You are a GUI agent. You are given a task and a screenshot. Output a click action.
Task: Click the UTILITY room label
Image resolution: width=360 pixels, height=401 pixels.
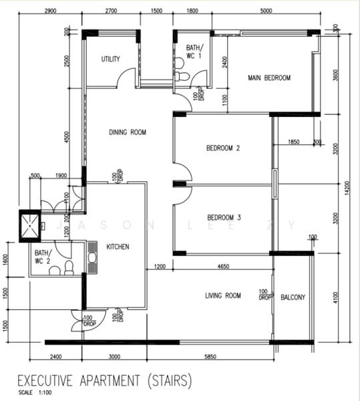110,59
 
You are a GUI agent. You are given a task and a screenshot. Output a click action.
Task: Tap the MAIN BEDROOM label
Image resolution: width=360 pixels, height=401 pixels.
269,78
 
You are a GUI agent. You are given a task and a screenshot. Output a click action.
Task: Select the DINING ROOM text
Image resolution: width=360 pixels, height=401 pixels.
128,132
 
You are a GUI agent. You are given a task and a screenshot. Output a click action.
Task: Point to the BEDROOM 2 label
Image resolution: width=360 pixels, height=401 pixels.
223,148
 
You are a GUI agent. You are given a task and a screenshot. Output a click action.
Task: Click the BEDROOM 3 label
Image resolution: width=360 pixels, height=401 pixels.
223,217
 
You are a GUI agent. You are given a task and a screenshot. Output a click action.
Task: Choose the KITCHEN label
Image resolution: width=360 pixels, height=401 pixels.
118,247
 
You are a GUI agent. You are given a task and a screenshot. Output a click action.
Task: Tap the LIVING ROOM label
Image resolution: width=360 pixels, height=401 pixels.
222,295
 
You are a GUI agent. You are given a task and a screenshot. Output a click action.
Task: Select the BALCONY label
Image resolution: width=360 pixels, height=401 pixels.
293,297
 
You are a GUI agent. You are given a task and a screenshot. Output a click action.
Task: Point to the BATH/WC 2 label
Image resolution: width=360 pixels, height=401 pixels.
42,257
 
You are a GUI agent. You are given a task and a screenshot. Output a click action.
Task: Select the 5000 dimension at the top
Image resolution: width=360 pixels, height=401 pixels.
266,11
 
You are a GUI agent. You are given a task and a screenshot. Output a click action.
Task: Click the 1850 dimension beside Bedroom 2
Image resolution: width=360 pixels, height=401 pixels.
293,142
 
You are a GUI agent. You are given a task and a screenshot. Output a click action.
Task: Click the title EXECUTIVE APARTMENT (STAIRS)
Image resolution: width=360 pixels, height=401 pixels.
104,381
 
